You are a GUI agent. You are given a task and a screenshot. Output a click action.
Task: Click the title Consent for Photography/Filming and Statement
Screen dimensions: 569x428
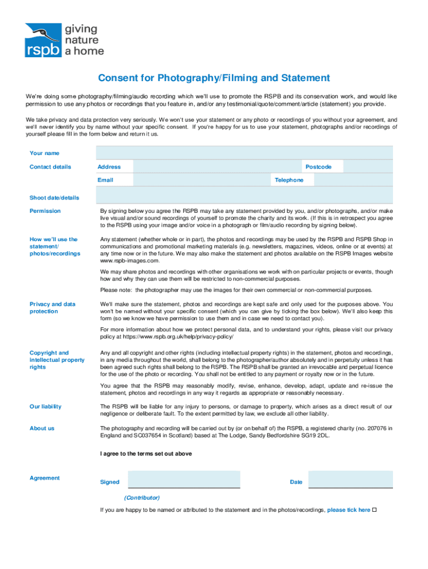coord(214,78)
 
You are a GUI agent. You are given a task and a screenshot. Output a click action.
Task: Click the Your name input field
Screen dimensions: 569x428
coord(245,153)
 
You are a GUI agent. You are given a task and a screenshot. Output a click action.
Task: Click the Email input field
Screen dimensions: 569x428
coord(202,179)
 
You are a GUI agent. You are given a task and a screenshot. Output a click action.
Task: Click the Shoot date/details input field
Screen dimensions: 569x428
coord(245,195)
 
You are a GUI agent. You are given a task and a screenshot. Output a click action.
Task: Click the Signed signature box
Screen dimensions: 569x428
coord(184,480)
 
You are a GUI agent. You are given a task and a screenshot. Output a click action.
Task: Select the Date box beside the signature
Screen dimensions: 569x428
coord(350,480)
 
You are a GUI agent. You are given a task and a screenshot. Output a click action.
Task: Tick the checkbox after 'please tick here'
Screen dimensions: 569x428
coord(374,510)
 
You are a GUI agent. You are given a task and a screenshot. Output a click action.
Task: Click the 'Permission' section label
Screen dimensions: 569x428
coord(45,211)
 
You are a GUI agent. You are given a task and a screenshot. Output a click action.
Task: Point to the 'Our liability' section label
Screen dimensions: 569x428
coord(46,406)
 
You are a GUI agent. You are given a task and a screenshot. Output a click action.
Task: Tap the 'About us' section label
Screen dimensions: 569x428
coord(42,428)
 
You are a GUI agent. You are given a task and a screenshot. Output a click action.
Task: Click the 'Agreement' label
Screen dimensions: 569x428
coord(44,478)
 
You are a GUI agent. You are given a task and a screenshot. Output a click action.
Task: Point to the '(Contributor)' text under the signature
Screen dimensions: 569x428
coord(142,497)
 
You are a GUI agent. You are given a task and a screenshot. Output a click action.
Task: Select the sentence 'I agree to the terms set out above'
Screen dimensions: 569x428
coord(146,453)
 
